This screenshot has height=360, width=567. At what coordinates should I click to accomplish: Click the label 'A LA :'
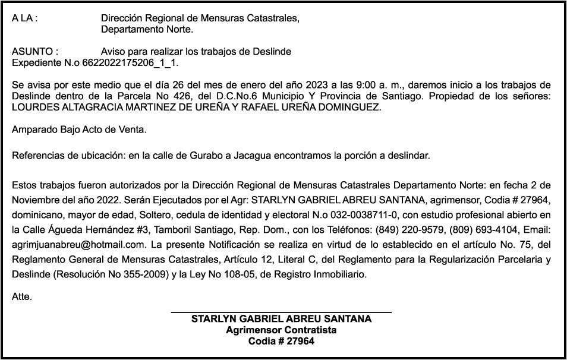coord(24,18)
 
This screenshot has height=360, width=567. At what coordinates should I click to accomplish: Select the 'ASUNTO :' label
coord(35,52)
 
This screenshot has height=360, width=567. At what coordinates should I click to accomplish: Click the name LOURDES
coord(34,107)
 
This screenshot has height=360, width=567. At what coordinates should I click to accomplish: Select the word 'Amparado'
coord(34,130)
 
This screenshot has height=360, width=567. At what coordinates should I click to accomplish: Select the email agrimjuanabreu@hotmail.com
coord(74,244)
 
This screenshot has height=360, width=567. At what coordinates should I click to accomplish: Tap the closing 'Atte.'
coord(22,296)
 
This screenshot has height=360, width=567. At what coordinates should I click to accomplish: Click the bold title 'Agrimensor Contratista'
coord(281,330)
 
